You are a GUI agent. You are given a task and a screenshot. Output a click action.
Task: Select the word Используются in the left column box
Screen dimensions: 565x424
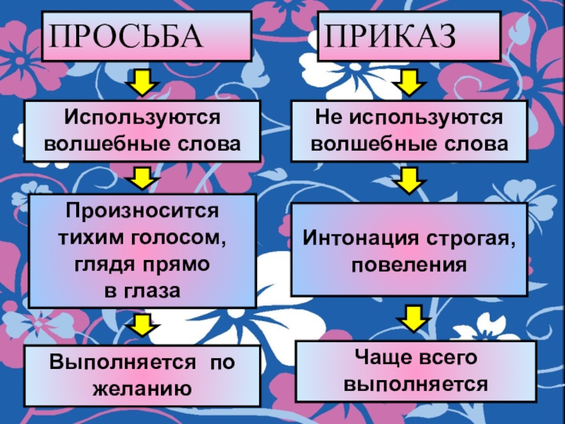(x=142, y=116)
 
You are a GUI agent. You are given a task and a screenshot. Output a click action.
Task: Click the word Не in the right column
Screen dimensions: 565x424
(x=324, y=116)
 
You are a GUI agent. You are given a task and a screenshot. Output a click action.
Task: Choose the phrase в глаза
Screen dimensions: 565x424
(x=143, y=290)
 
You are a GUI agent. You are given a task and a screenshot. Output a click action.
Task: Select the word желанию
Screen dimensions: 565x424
(x=142, y=388)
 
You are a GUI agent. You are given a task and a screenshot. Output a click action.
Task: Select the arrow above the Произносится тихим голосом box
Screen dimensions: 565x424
(x=141, y=177)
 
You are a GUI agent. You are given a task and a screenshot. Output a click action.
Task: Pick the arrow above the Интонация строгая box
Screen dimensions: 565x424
(x=408, y=181)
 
